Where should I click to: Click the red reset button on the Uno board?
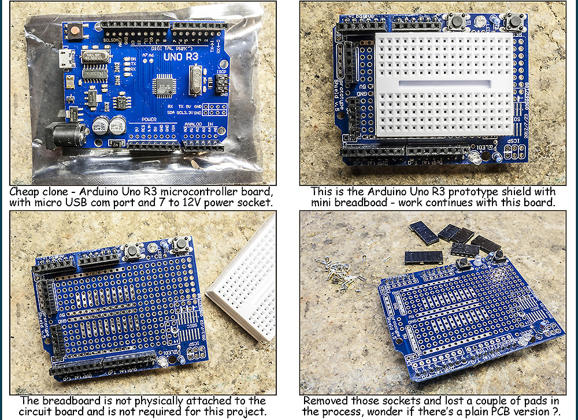(x=75, y=32)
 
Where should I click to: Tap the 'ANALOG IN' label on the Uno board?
(x=199, y=124)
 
